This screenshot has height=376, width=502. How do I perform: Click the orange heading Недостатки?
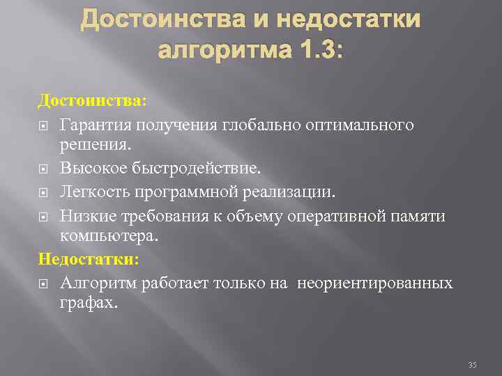click(89, 260)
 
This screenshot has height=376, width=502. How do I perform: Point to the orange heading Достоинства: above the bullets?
click(92, 102)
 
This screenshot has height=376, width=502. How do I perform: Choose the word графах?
click(89, 304)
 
